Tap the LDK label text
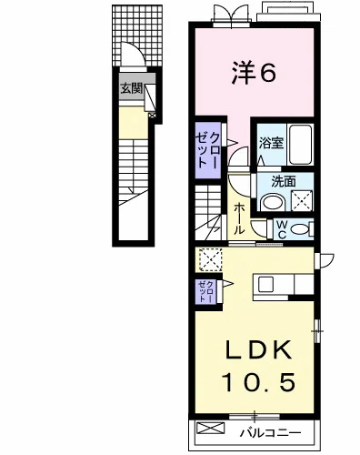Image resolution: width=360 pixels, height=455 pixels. tap(258, 349)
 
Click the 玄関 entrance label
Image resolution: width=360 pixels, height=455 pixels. tap(132, 88)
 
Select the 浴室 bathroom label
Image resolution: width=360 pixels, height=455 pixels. tap(271, 144)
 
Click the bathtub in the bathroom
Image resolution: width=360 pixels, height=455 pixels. tap(300, 145)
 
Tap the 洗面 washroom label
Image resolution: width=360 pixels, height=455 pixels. tap(284, 182)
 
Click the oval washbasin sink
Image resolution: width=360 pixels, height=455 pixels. tap(272, 202)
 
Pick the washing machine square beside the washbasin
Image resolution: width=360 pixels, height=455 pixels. tap(302, 200)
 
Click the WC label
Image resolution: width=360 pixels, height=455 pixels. tap(282, 229)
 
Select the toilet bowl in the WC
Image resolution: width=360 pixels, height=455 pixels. tap(298, 229)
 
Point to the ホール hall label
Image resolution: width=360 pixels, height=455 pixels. tap(239, 218)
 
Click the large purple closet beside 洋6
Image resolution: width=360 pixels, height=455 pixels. tap(208, 150)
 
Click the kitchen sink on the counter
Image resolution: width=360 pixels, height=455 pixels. tap(265, 285)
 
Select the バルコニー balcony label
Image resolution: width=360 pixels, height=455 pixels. tap(271, 432)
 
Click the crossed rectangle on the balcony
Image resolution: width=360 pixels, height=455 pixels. tap(211, 429)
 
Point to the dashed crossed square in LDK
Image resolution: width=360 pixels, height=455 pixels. tap(210, 259)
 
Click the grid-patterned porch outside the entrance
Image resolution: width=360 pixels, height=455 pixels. tap(137, 35)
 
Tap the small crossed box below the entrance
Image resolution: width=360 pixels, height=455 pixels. tap(153, 116)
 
